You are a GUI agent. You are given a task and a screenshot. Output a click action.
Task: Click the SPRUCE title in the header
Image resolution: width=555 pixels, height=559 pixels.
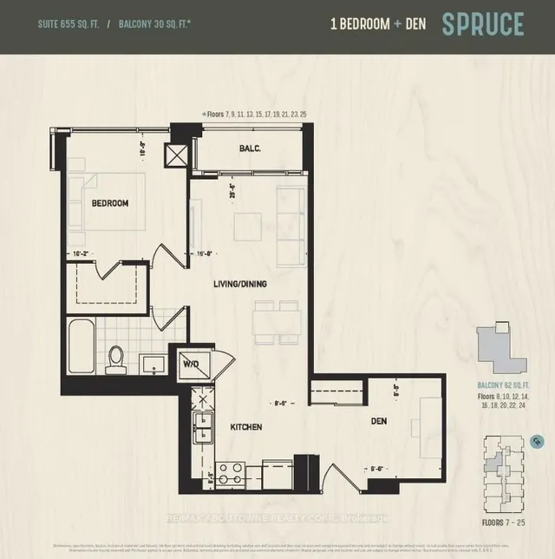[x=483, y=24]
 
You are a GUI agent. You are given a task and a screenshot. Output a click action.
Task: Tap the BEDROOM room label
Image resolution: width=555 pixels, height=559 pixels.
[x=109, y=203]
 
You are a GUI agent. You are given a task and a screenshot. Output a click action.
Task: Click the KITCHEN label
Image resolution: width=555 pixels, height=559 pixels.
[x=246, y=428]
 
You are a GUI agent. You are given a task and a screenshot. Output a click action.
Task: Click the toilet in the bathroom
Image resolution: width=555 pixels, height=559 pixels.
[x=115, y=358]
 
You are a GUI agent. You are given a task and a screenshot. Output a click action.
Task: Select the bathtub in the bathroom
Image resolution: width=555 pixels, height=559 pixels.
[x=81, y=345]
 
